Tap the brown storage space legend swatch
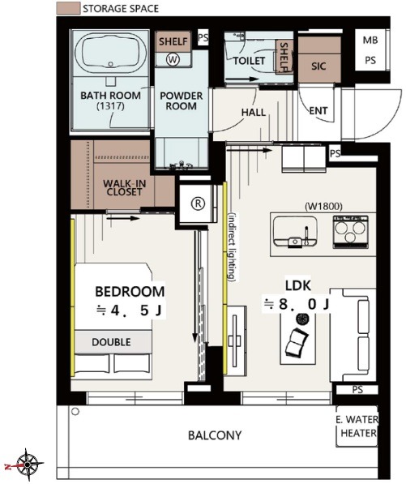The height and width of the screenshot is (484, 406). point(68,8)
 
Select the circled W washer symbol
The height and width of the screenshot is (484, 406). point(173,59)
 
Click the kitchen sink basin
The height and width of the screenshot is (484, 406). point(295,231)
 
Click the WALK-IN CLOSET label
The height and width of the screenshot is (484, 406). point(124,187)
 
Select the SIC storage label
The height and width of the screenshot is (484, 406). point(318,66)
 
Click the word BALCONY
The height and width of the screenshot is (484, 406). point(215,435)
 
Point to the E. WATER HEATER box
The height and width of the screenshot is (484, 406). point(357,426)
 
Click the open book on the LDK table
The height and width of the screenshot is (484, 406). point(297,342)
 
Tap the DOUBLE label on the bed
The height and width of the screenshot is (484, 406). point(111,342)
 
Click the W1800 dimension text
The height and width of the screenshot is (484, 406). point(323,205)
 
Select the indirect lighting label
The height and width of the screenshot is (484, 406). point(233,247)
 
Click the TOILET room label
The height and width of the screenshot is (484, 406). point(250,61)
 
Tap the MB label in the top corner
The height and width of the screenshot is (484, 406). point(370,40)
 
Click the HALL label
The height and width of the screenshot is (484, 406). point(254,112)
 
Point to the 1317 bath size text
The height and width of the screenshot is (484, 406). point(110,106)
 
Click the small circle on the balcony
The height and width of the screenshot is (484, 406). point(75,412)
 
